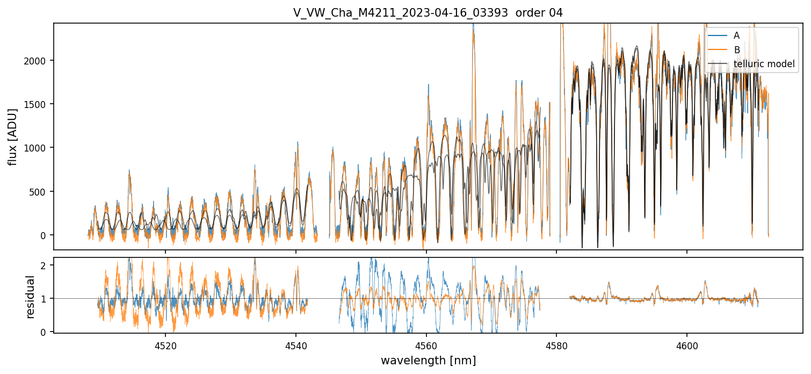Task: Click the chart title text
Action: pos(428,13)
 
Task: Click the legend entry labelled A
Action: pos(736,35)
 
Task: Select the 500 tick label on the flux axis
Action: pos(41,191)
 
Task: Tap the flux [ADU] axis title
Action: pos(12,136)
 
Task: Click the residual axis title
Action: pos(31,297)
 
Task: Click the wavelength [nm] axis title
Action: pos(428,360)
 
